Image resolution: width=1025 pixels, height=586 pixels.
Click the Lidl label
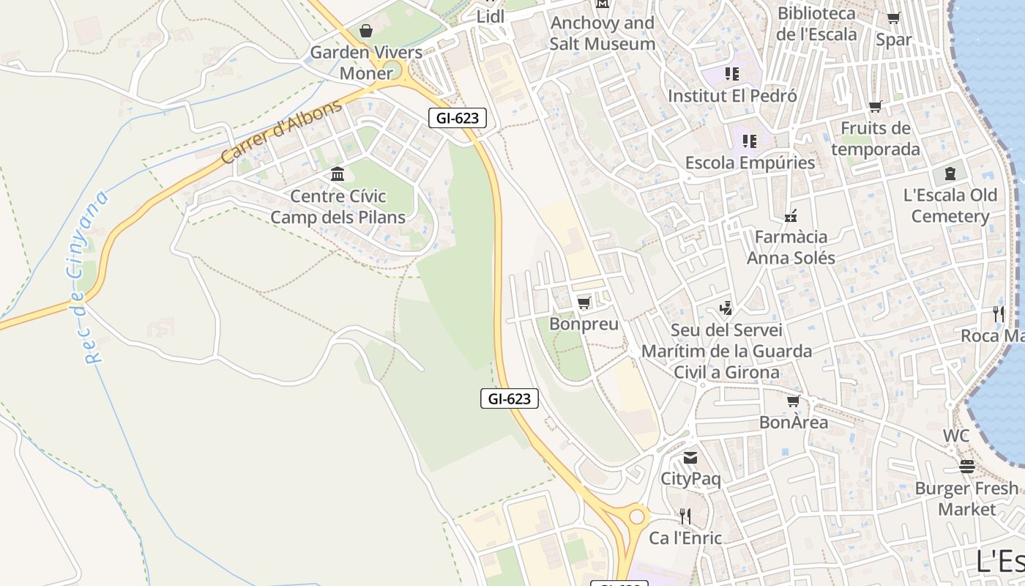pyautogui.click(x=491, y=16)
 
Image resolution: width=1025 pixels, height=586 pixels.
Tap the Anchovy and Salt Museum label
pyautogui.click(x=602, y=33)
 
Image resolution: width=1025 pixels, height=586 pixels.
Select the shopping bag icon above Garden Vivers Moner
pyautogui.click(x=365, y=31)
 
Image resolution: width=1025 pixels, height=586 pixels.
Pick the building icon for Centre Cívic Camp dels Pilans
pyautogui.click(x=338, y=174)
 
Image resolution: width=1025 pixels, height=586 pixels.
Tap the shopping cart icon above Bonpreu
pyautogui.click(x=584, y=303)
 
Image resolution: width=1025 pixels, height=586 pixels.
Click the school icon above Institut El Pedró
pyautogui.click(x=731, y=74)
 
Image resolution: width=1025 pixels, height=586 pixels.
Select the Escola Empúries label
pyautogui.click(x=750, y=163)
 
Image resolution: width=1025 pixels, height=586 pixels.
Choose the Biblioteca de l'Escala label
pyautogui.click(x=816, y=23)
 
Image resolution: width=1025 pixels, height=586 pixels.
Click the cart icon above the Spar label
pyautogui.click(x=893, y=18)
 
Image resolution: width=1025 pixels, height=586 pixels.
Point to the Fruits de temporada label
pyautogui.click(x=875, y=138)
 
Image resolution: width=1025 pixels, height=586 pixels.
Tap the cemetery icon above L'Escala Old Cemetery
pyautogui.click(x=950, y=174)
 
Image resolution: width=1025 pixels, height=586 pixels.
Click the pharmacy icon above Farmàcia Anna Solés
pyautogui.click(x=790, y=215)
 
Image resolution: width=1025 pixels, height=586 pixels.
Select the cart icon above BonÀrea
pyautogui.click(x=793, y=401)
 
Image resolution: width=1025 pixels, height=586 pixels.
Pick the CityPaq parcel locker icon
pyautogui.click(x=690, y=459)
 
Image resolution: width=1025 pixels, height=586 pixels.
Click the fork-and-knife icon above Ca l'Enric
pyautogui.click(x=685, y=516)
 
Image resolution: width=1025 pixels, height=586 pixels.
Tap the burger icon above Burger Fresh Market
pyautogui.click(x=966, y=467)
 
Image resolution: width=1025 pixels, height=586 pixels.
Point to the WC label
pyautogui.click(x=955, y=436)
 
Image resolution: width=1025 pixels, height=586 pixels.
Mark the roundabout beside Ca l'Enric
pyautogui.click(x=636, y=516)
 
